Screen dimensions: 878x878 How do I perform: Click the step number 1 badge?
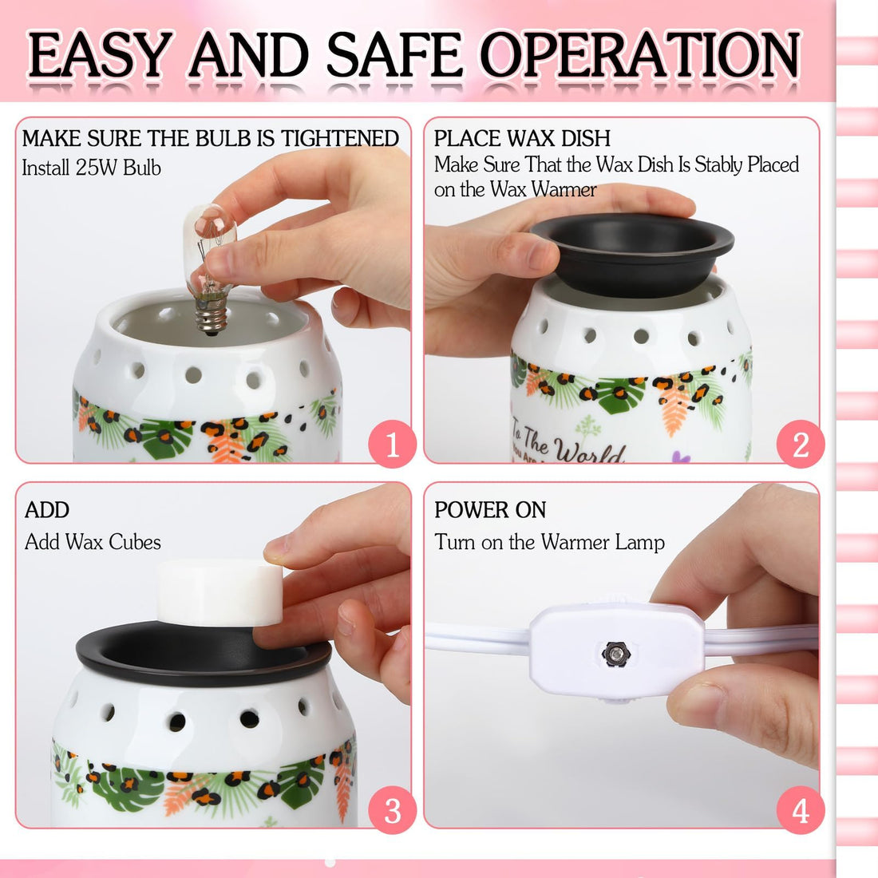pos(392,445)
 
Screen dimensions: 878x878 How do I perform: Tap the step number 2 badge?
pos(801,445)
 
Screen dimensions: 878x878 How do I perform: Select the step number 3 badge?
pos(392,810)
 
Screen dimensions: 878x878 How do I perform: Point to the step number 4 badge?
pos(801,810)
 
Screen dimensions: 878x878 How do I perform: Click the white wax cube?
pos(219,592)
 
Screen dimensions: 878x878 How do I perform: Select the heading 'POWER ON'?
pos(490,510)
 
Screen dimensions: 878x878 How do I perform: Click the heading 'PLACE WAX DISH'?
pos(522,138)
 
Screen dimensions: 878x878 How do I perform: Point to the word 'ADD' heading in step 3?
pos(47,510)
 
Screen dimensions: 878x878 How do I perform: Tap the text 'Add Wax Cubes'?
pos(93,542)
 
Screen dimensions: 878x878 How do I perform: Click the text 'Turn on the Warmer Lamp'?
pos(549,542)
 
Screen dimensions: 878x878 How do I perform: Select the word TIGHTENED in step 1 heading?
pos(339,138)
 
